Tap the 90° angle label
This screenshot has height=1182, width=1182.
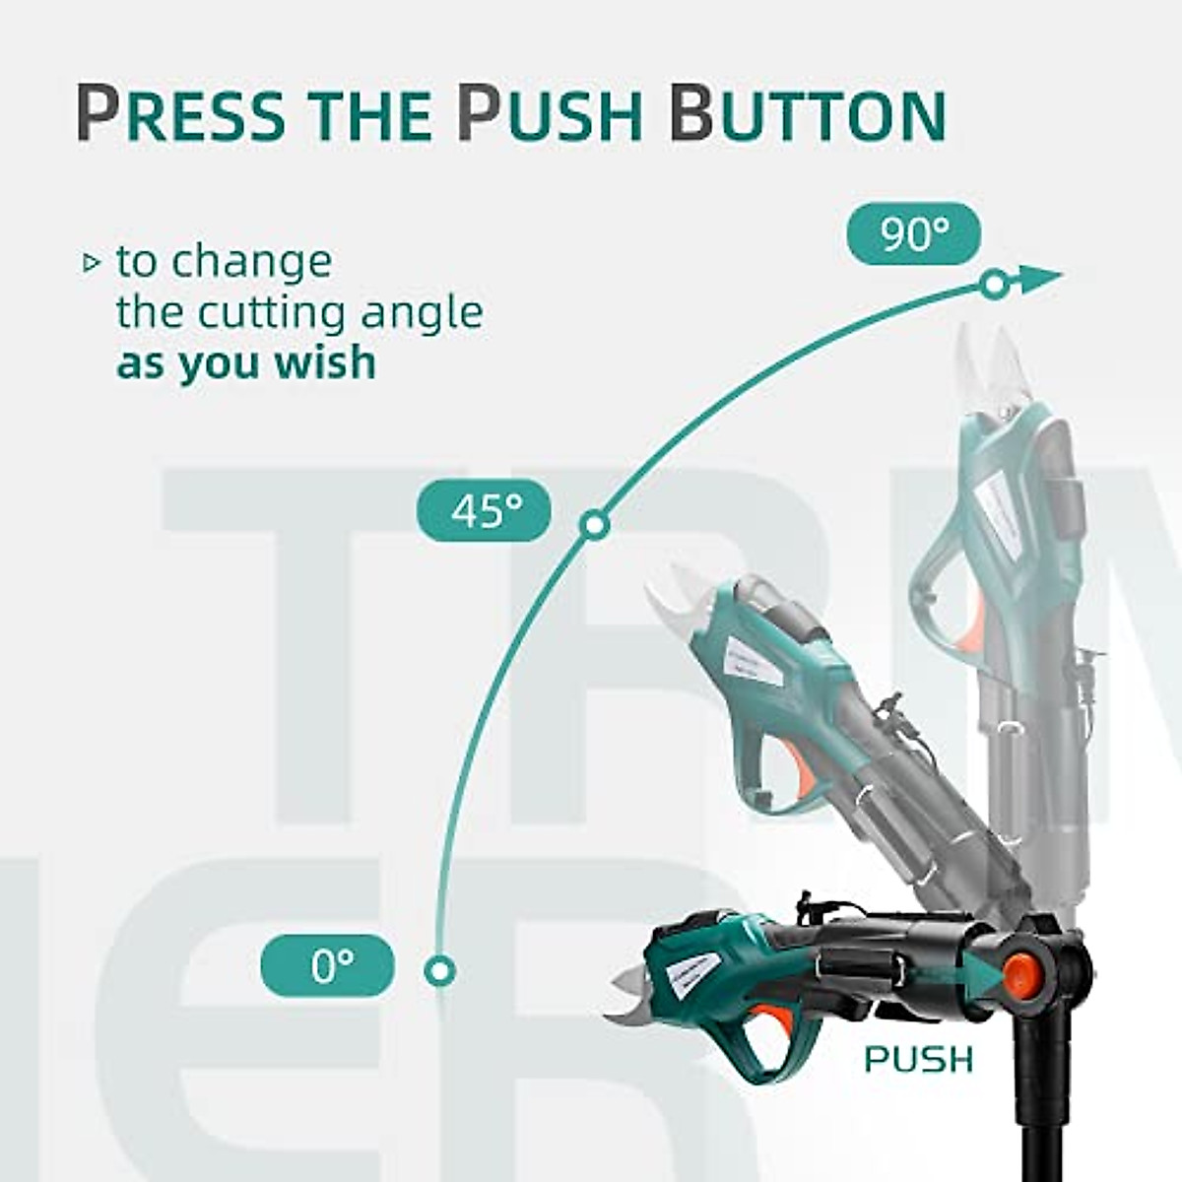pos(914,235)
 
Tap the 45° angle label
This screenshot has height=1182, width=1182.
pos(485,510)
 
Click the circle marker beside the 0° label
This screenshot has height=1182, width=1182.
pos(439,969)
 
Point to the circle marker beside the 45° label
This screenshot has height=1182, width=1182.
pos(592,525)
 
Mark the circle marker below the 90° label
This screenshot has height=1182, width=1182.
pos(994,285)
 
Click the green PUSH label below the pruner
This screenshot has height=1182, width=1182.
pos(918,1060)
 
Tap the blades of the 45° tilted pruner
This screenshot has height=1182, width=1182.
pos(676,597)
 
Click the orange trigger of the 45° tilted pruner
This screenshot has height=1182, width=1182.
pos(805,777)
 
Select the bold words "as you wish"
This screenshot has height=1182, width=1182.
pos(246,362)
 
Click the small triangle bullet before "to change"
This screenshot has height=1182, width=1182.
pos(92,263)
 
